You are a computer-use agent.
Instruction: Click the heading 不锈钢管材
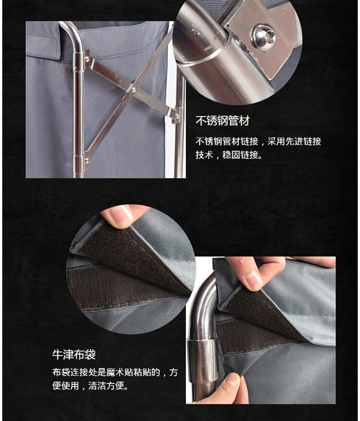(223, 120)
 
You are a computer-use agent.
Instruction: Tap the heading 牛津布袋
(74, 354)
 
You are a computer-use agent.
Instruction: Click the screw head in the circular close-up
(263, 36)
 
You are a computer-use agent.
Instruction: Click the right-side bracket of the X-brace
(176, 115)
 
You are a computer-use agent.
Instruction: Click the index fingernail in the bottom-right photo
(253, 279)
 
